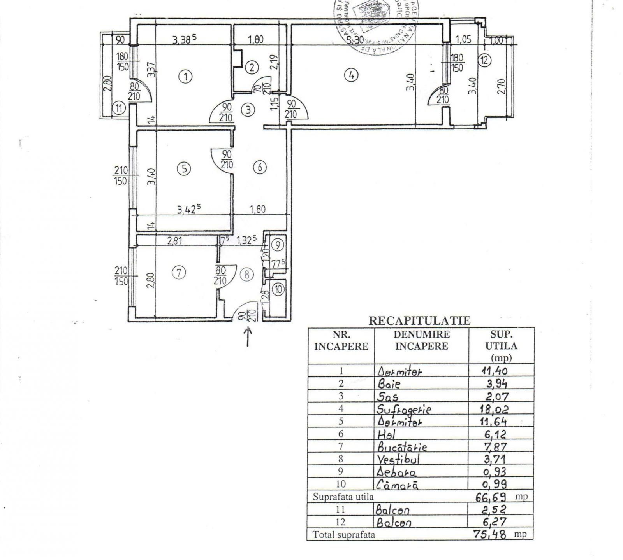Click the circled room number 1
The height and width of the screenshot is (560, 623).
pos(186,77)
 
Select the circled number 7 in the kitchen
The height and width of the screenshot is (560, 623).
pos(178,273)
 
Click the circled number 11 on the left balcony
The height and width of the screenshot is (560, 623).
pos(119,108)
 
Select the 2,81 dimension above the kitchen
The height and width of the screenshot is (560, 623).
pos(175,241)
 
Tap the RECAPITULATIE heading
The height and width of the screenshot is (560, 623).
pos(419,321)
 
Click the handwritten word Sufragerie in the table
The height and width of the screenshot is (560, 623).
pos(404,409)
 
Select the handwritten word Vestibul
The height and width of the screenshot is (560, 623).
pos(399,459)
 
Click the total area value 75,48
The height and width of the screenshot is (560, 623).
pos(490,535)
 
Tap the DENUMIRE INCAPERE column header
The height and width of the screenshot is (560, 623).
pos(422,340)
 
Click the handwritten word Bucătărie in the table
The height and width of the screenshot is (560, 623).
pos(402,446)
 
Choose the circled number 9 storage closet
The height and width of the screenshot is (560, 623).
pos(277,245)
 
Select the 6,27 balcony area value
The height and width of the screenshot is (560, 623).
pos(495,522)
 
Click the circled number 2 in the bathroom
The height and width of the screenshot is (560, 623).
pos(252,68)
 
